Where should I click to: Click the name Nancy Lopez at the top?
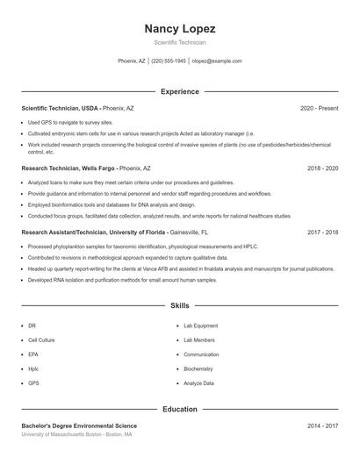tap(179, 28)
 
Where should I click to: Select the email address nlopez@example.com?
tap(216, 61)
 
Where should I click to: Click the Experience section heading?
tap(179, 91)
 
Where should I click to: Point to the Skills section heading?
tap(179, 305)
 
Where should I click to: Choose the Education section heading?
tap(179, 409)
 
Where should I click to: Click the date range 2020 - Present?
tap(319, 108)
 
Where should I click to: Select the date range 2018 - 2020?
tap(322, 167)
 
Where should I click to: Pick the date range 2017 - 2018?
tap(322, 232)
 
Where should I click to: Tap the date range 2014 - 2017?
tap(322, 425)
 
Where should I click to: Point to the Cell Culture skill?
tap(41, 340)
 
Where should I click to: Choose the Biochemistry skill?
tap(198, 368)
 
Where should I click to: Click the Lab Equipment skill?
tap(201, 325)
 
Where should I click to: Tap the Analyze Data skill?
tap(199, 383)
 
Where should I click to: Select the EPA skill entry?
tap(33, 354)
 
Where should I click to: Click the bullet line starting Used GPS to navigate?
tap(70, 122)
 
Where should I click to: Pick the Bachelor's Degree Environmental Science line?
tap(79, 425)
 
